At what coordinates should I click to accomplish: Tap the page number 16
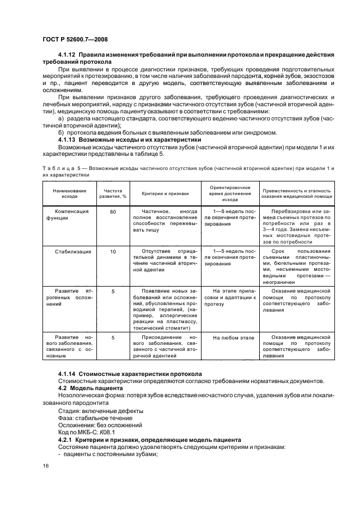46,465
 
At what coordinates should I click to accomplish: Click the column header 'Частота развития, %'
112,193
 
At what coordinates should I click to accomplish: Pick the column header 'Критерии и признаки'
165,193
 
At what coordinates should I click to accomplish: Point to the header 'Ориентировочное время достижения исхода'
230,193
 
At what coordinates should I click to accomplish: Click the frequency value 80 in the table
113,211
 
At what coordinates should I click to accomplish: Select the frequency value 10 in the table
113,251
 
